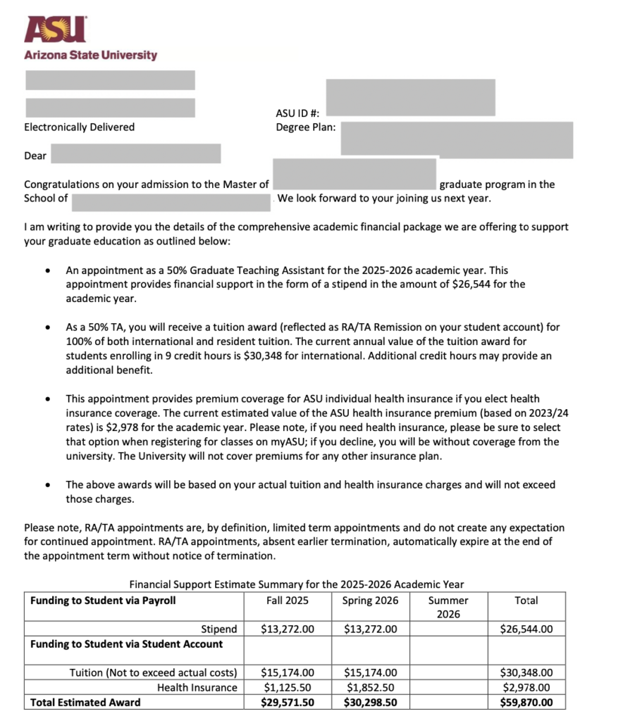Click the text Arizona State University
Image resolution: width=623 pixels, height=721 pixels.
coord(90,55)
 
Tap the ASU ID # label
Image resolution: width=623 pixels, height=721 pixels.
coord(297,113)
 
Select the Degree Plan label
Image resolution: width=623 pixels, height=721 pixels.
coord(305,127)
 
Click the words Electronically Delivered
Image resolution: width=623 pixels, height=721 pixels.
coord(79,127)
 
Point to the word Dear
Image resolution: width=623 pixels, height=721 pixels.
coord(35,156)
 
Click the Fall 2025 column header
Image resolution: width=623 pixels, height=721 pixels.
coord(288,601)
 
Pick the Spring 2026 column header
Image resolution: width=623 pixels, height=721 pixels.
coord(370,601)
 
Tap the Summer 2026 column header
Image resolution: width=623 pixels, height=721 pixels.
coord(448,607)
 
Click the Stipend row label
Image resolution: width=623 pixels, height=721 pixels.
coord(219,629)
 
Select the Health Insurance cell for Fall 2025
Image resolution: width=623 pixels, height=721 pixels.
coord(288,687)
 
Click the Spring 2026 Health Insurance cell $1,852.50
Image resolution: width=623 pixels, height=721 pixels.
coord(370,687)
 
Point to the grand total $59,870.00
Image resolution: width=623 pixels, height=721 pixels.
coord(526,702)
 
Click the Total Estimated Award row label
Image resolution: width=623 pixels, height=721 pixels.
coord(85,702)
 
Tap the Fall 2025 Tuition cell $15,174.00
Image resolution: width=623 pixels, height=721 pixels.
coord(288,673)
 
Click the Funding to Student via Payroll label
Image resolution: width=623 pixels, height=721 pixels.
coord(103,601)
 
